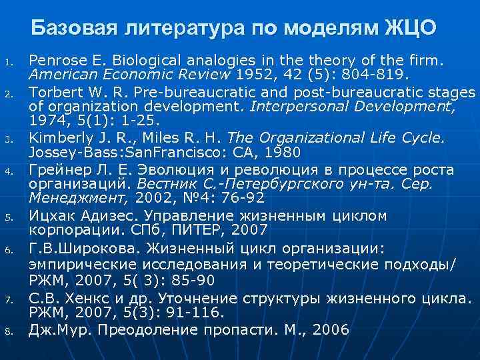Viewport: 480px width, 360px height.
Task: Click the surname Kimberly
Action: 57,138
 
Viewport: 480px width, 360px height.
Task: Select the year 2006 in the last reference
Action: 331,330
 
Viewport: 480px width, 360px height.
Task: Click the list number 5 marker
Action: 9,217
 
